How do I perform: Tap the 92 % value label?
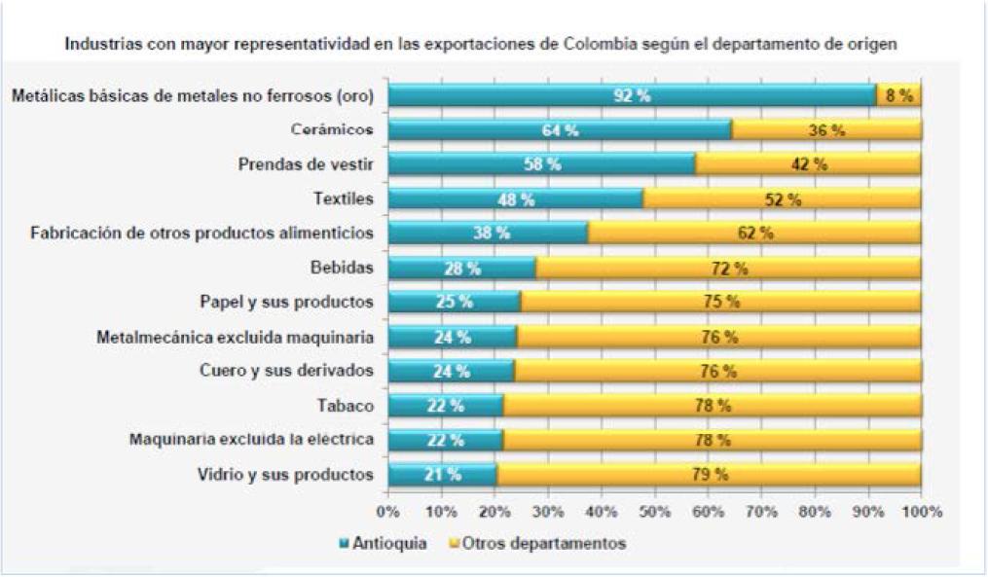pos(631,95)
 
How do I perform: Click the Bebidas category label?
pos(340,268)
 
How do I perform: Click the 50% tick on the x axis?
pos(655,512)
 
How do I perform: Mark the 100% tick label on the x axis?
pos(921,512)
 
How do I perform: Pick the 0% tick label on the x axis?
pos(388,512)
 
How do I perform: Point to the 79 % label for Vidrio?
pos(709,475)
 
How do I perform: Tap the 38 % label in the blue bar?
pos(491,234)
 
